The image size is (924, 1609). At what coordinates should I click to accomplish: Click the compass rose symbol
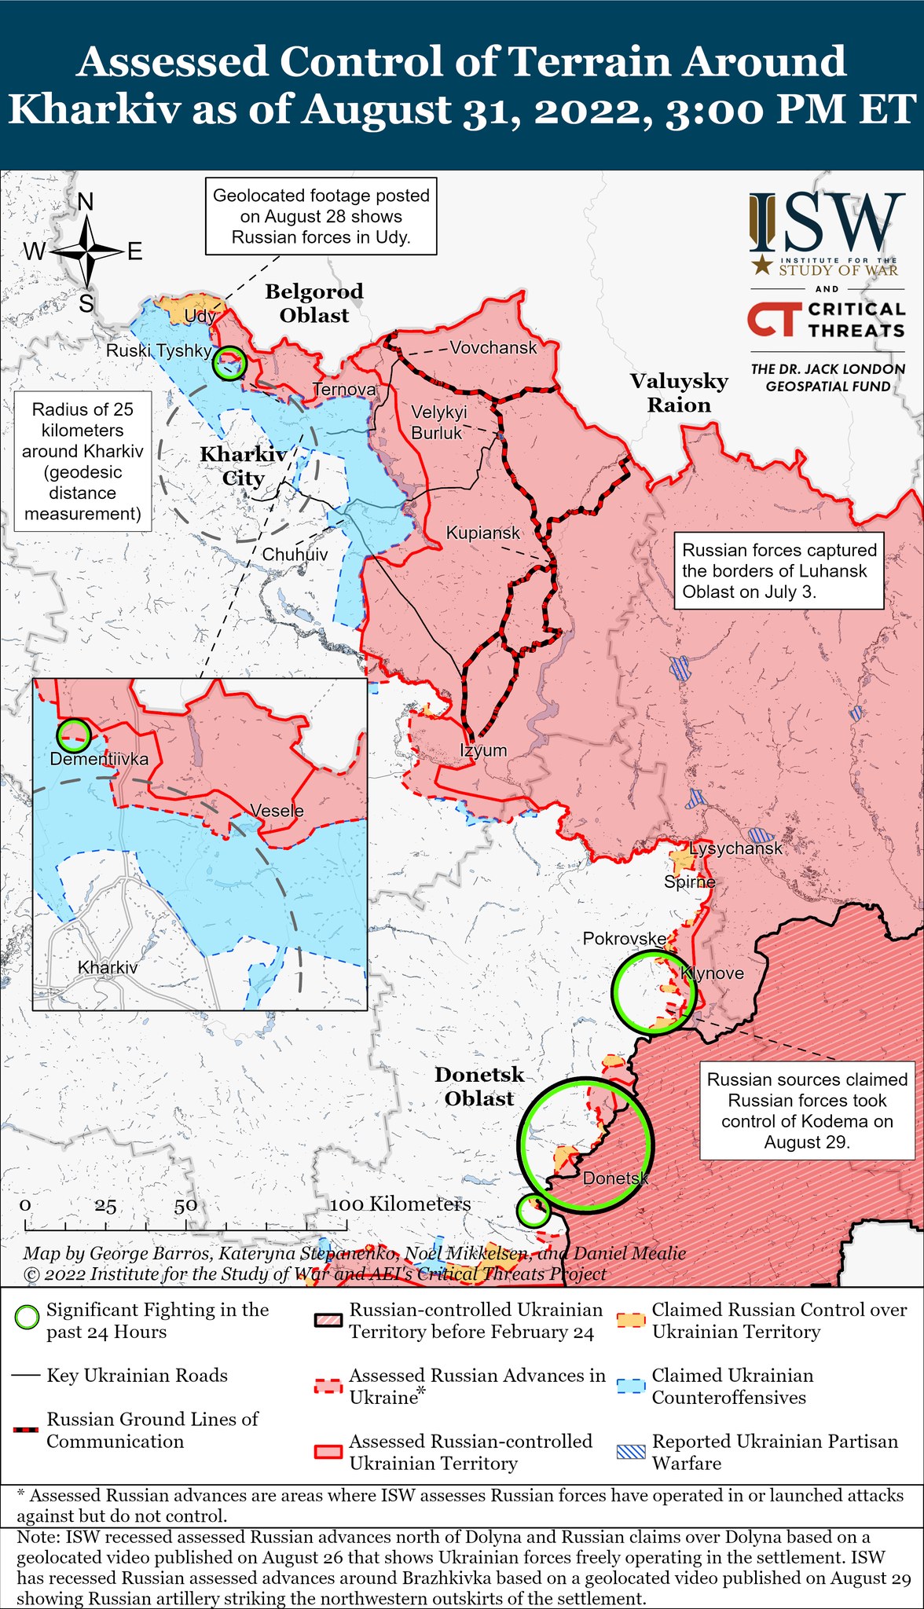tap(86, 251)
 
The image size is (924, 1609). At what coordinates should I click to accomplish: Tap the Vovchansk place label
tap(493, 347)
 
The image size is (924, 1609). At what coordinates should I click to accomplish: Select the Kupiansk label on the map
tap(482, 533)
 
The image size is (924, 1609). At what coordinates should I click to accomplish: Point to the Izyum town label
tap(483, 750)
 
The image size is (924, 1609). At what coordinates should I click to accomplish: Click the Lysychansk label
tap(735, 848)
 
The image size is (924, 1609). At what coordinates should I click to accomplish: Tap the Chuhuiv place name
tap(295, 554)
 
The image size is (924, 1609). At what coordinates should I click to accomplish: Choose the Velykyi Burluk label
tap(438, 422)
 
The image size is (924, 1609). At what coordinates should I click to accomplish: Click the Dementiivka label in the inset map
tap(99, 759)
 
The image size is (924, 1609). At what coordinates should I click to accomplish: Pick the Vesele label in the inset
tap(277, 810)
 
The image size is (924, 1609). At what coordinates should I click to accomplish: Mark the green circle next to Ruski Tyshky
tap(229, 363)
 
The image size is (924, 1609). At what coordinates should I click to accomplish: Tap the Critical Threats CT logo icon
tap(773, 320)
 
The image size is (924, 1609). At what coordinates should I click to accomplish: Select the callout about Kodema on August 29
tap(807, 1110)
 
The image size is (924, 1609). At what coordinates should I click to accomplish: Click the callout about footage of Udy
tap(321, 216)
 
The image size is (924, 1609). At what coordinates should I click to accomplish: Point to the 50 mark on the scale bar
tap(186, 1207)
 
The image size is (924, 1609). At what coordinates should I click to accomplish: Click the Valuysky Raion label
tap(679, 393)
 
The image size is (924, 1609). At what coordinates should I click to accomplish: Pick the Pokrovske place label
tap(624, 938)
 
